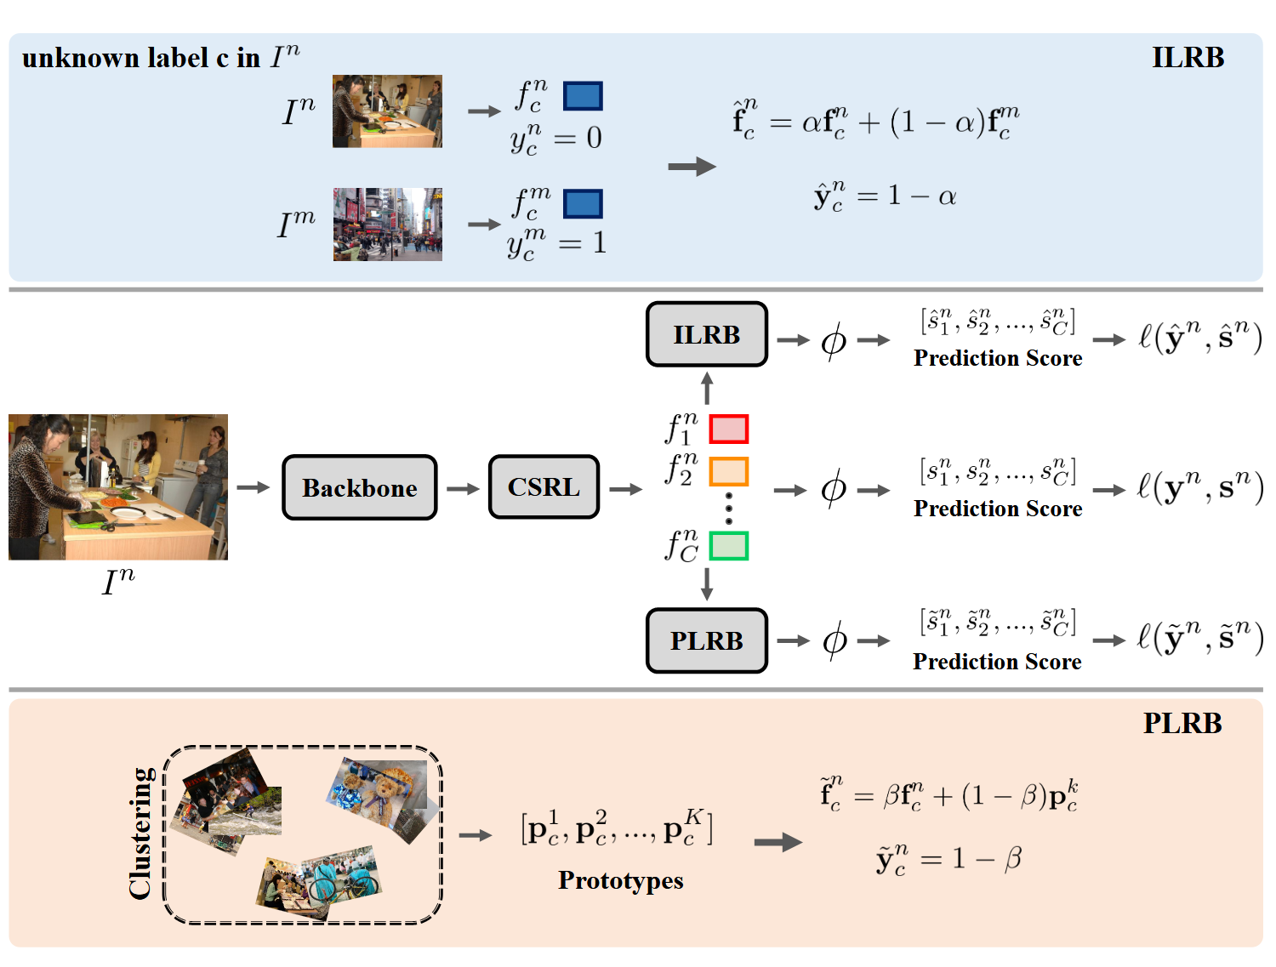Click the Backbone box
pos(359,487)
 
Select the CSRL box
pos(544,487)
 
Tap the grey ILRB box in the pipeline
pos(706,334)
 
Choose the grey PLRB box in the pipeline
pos(706,640)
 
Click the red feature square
pos(729,429)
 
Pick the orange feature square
pos(729,471)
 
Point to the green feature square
pos(729,546)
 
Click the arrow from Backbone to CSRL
pos(463,488)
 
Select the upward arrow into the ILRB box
pos(707,388)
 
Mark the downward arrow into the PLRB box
pos(707,584)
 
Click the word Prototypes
pos(620,880)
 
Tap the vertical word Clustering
pos(140,833)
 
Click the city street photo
pos(388,225)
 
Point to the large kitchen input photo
pos(118,486)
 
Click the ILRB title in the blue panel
pos(1188,58)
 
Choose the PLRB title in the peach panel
pos(1182,723)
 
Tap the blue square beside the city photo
pos(583,204)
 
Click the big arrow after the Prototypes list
pos(778,842)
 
